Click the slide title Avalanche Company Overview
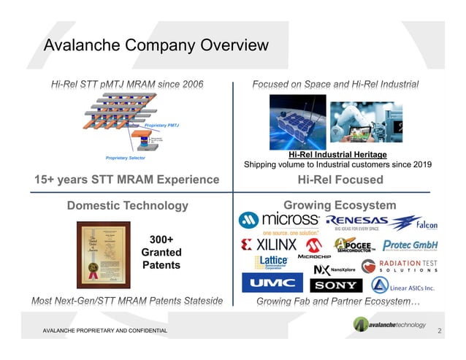point(156,45)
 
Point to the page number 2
point(439,332)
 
